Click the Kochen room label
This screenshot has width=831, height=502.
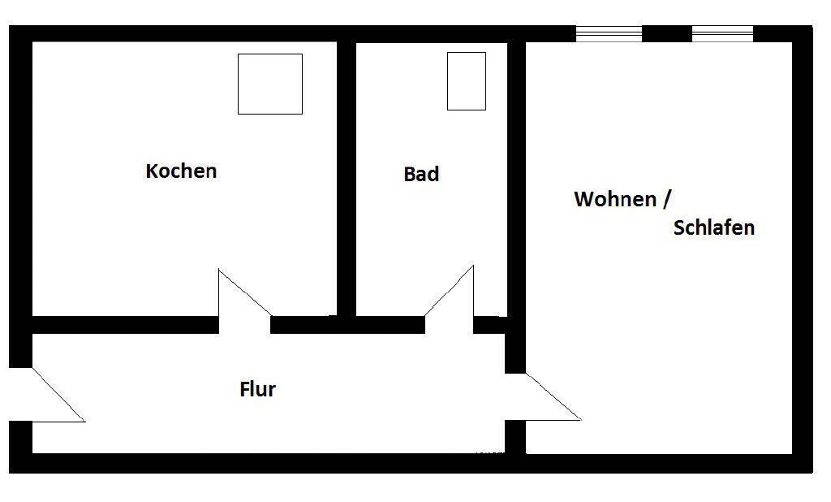pyautogui.click(x=181, y=171)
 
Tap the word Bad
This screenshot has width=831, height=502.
pyautogui.click(x=421, y=174)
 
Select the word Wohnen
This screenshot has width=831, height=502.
pyautogui.click(x=615, y=199)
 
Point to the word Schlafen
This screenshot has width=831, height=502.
pyautogui.click(x=714, y=227)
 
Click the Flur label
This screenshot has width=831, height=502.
pyautogui.click(x=258, y=389)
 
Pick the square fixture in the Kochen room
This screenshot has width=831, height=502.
pyautogui.click(x=269, y=84)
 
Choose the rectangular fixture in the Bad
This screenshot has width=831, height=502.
pyautogui.click(x=467, y=81)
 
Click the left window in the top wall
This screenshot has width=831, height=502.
pyautogui.click(x=609, y=33)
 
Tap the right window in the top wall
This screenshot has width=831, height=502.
pyautogui.click(x=722, y=33)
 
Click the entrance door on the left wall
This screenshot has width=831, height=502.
pyautogui.click(x=49, y=396)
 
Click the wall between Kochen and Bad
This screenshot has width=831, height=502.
pyautogui.click(x=347, y=175)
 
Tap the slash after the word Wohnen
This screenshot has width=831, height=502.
pyautogui.click(x=667, y=199)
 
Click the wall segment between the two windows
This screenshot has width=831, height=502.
pyautogui.click(x=666, y=33)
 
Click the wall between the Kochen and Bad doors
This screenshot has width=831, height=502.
pyautogui.click(x=347, y=325)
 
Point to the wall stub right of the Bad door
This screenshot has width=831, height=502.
pyautogui.click(x=489, y=325)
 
